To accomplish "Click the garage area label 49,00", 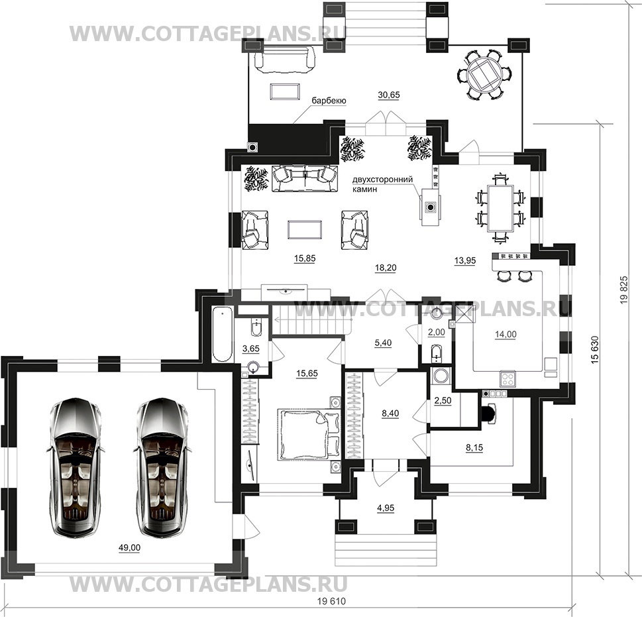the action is point(129,548).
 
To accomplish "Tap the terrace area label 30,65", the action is point(388,95).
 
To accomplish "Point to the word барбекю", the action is point(329,101).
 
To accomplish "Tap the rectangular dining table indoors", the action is point(500,208).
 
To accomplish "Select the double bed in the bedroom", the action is point(309,433).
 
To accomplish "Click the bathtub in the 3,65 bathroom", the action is point(223,334).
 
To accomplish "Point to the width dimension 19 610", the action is point(332,602).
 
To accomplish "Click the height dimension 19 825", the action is point(623,290).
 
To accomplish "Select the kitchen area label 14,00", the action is point(506,335).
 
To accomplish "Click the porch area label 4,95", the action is point(386,508).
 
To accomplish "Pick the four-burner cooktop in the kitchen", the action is point(508,378).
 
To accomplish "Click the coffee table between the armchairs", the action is point(305,229).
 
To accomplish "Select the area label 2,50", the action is point(443,400).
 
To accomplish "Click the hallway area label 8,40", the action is point(390,414).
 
